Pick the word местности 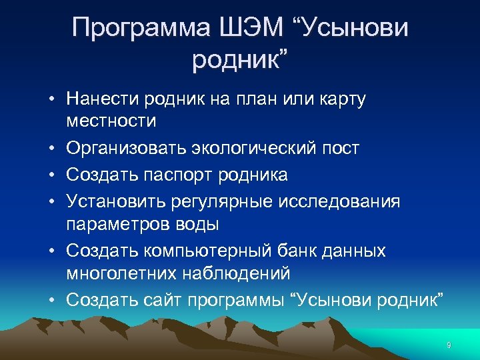coord(112,121)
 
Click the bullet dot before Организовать coord(51,148)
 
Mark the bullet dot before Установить coord(51,201)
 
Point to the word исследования coord(348,201)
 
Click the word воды coord(195,224)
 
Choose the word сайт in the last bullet coord(159,299)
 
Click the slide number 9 coord(449,345)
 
